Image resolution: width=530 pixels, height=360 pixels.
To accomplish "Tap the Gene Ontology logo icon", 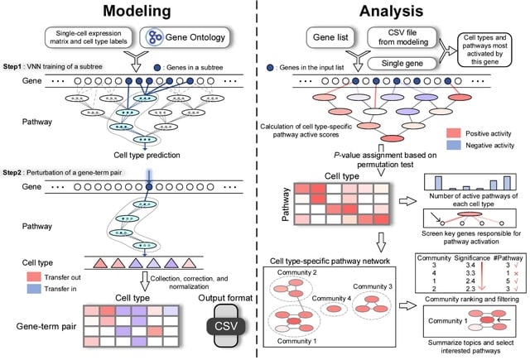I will point(160,38).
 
